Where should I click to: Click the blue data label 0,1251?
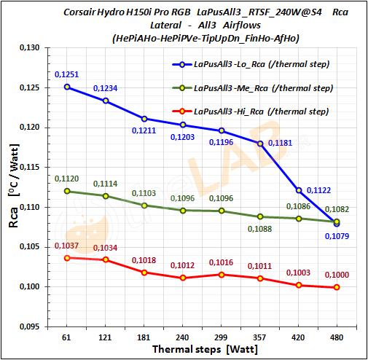[66, 75]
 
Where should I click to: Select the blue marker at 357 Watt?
[259, 144]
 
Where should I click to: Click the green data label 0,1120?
[66, 178]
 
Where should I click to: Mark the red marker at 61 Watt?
[67, 258]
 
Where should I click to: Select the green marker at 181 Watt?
[144, 206]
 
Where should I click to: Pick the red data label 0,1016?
[221, 262]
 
